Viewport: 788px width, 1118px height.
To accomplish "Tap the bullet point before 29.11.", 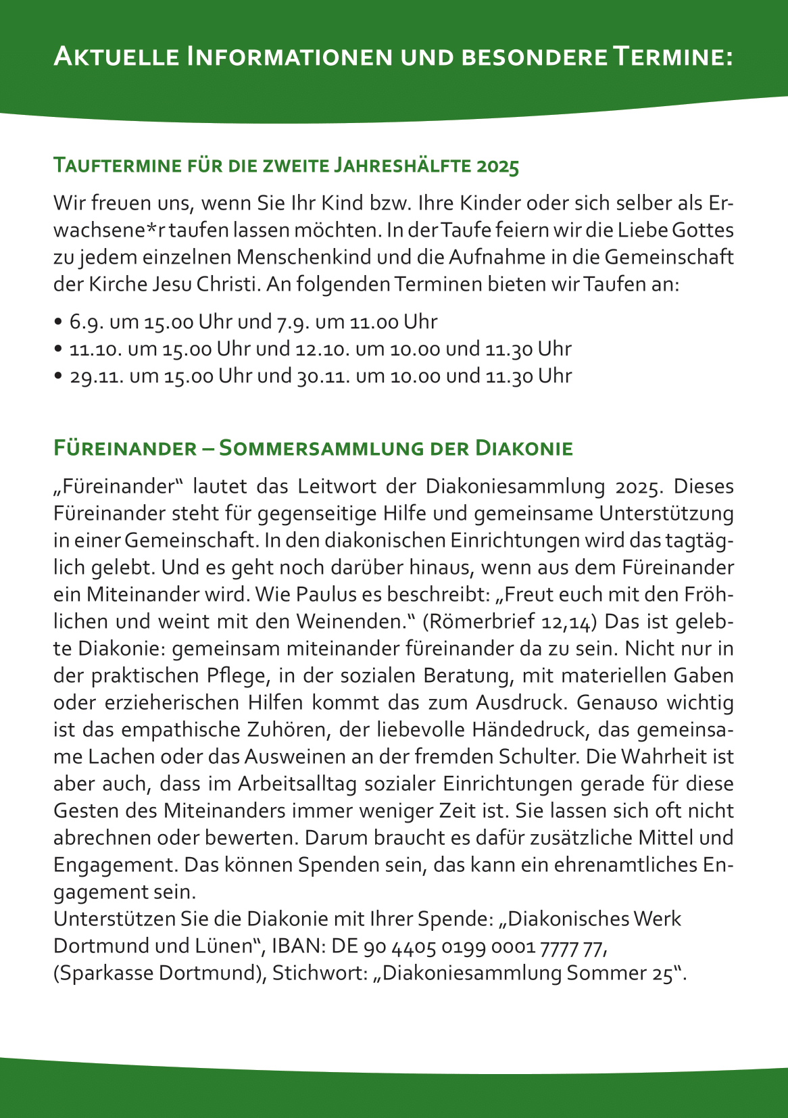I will pyautogui.click(x=59, y=376).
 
